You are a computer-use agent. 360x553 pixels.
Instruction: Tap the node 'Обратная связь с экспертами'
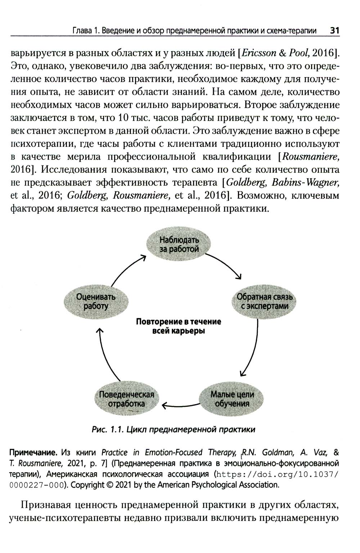pyautogui.click(x=265, y=302)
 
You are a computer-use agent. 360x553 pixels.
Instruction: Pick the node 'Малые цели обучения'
pyautogui.click(x=232, y=399)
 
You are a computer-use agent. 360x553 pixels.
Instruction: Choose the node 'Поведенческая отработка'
pyautogui.click(x=126, y=399)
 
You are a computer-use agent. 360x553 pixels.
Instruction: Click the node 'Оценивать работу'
pyautogui.click(x=95, y=302)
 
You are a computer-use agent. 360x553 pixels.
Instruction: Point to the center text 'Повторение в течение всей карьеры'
pyautogui.click(x=179, y=326)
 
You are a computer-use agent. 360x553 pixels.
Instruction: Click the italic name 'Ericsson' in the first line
pyautogui.click(x=260, y=54)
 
